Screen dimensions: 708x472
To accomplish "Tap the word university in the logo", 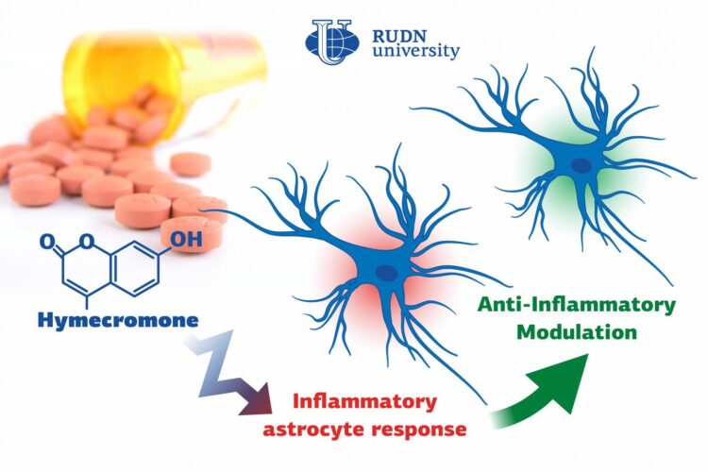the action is tap(415, 51).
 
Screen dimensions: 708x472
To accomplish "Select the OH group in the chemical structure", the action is tap(187, 240).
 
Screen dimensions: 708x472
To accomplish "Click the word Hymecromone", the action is tap(118, 320).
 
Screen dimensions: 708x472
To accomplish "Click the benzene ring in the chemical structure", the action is tap(134, 272).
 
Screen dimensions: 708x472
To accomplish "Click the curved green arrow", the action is tap(540, 388).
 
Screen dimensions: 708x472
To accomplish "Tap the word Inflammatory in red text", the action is tap(364, 400).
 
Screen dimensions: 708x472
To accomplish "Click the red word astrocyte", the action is tap(314, 430).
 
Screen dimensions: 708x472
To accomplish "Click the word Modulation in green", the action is tap(577, 332).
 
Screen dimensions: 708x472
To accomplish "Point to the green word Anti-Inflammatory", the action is tap(577, 305).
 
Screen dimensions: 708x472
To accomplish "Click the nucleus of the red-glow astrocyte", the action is tap(387, 273).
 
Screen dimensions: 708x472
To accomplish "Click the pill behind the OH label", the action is tap(192, 233).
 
